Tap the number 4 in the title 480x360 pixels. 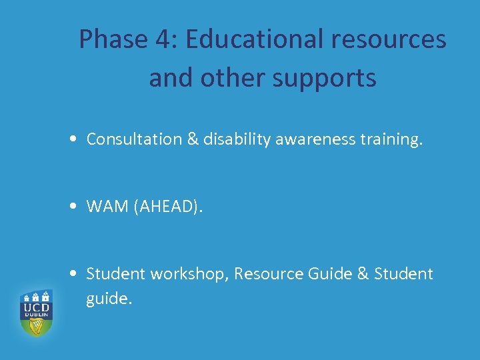tap(163, 40)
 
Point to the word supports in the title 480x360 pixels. tap(325, 79)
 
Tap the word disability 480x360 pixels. tap(233, 139)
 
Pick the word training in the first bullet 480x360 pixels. tap(390, 139)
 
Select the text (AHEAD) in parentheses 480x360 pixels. tap(167, 207)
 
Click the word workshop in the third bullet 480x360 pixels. tap(189, 274)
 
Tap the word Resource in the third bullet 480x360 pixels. tap(267, 274)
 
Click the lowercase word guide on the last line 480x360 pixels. tap(109, 299)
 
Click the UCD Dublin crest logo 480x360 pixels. tap(36, 312)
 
